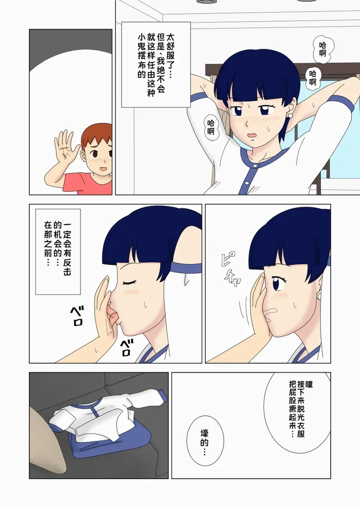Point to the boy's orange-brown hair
[x=97, y=135]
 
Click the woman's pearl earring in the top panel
[x=290, y=115]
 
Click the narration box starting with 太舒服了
[x=156, y=64]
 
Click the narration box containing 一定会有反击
[x=58, y=252]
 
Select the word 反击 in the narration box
[x=67, y=267]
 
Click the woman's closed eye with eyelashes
[x=129, y=283]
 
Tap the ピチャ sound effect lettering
[x=231, y=269]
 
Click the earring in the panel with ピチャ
[x=319, y=296]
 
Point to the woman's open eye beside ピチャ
[x=278, y=283]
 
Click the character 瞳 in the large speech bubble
[x=309, y=384]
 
